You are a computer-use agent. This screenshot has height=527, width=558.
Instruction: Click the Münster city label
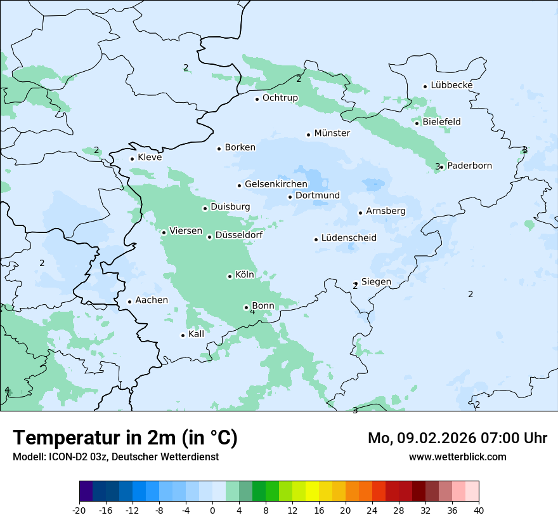tap(332, 133)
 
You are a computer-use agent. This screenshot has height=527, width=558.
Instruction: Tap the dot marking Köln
tap(230, 276)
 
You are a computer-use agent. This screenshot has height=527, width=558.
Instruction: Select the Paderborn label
tap(469, 166)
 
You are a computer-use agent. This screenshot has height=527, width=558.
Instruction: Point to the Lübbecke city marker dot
tap(425, 86)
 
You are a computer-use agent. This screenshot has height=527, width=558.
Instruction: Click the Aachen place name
tap(152, 300)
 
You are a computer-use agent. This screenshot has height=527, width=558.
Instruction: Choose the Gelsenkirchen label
tap(276, 184)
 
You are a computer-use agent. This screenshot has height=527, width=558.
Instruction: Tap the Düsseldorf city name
tap(238, 235)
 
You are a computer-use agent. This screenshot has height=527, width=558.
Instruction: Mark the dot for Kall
tap(183, 335)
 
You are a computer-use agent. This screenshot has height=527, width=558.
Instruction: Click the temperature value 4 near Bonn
tap(252, 312)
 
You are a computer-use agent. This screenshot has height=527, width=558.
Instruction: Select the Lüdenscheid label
tap(349, 238)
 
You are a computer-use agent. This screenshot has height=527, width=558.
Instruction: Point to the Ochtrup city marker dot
tap(257, 98)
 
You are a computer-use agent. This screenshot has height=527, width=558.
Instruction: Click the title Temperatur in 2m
tap(125, 437)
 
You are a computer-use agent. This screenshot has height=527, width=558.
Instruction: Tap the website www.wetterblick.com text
tap(457, 457)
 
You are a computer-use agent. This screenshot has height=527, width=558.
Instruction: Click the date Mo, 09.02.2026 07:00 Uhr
tap(457, 438)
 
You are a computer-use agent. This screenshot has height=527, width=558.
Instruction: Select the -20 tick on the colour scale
tap(79, 510)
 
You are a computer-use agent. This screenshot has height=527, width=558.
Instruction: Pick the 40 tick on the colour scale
tap(479, 510)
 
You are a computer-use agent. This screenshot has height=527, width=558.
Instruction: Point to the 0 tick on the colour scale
tap(212, 510)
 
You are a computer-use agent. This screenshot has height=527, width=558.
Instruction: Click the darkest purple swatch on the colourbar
tap(86, 491)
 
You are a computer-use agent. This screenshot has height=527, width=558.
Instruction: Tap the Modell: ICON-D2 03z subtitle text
tap(115, 457)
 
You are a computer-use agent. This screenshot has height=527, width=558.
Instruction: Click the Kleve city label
tap(150, 157)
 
